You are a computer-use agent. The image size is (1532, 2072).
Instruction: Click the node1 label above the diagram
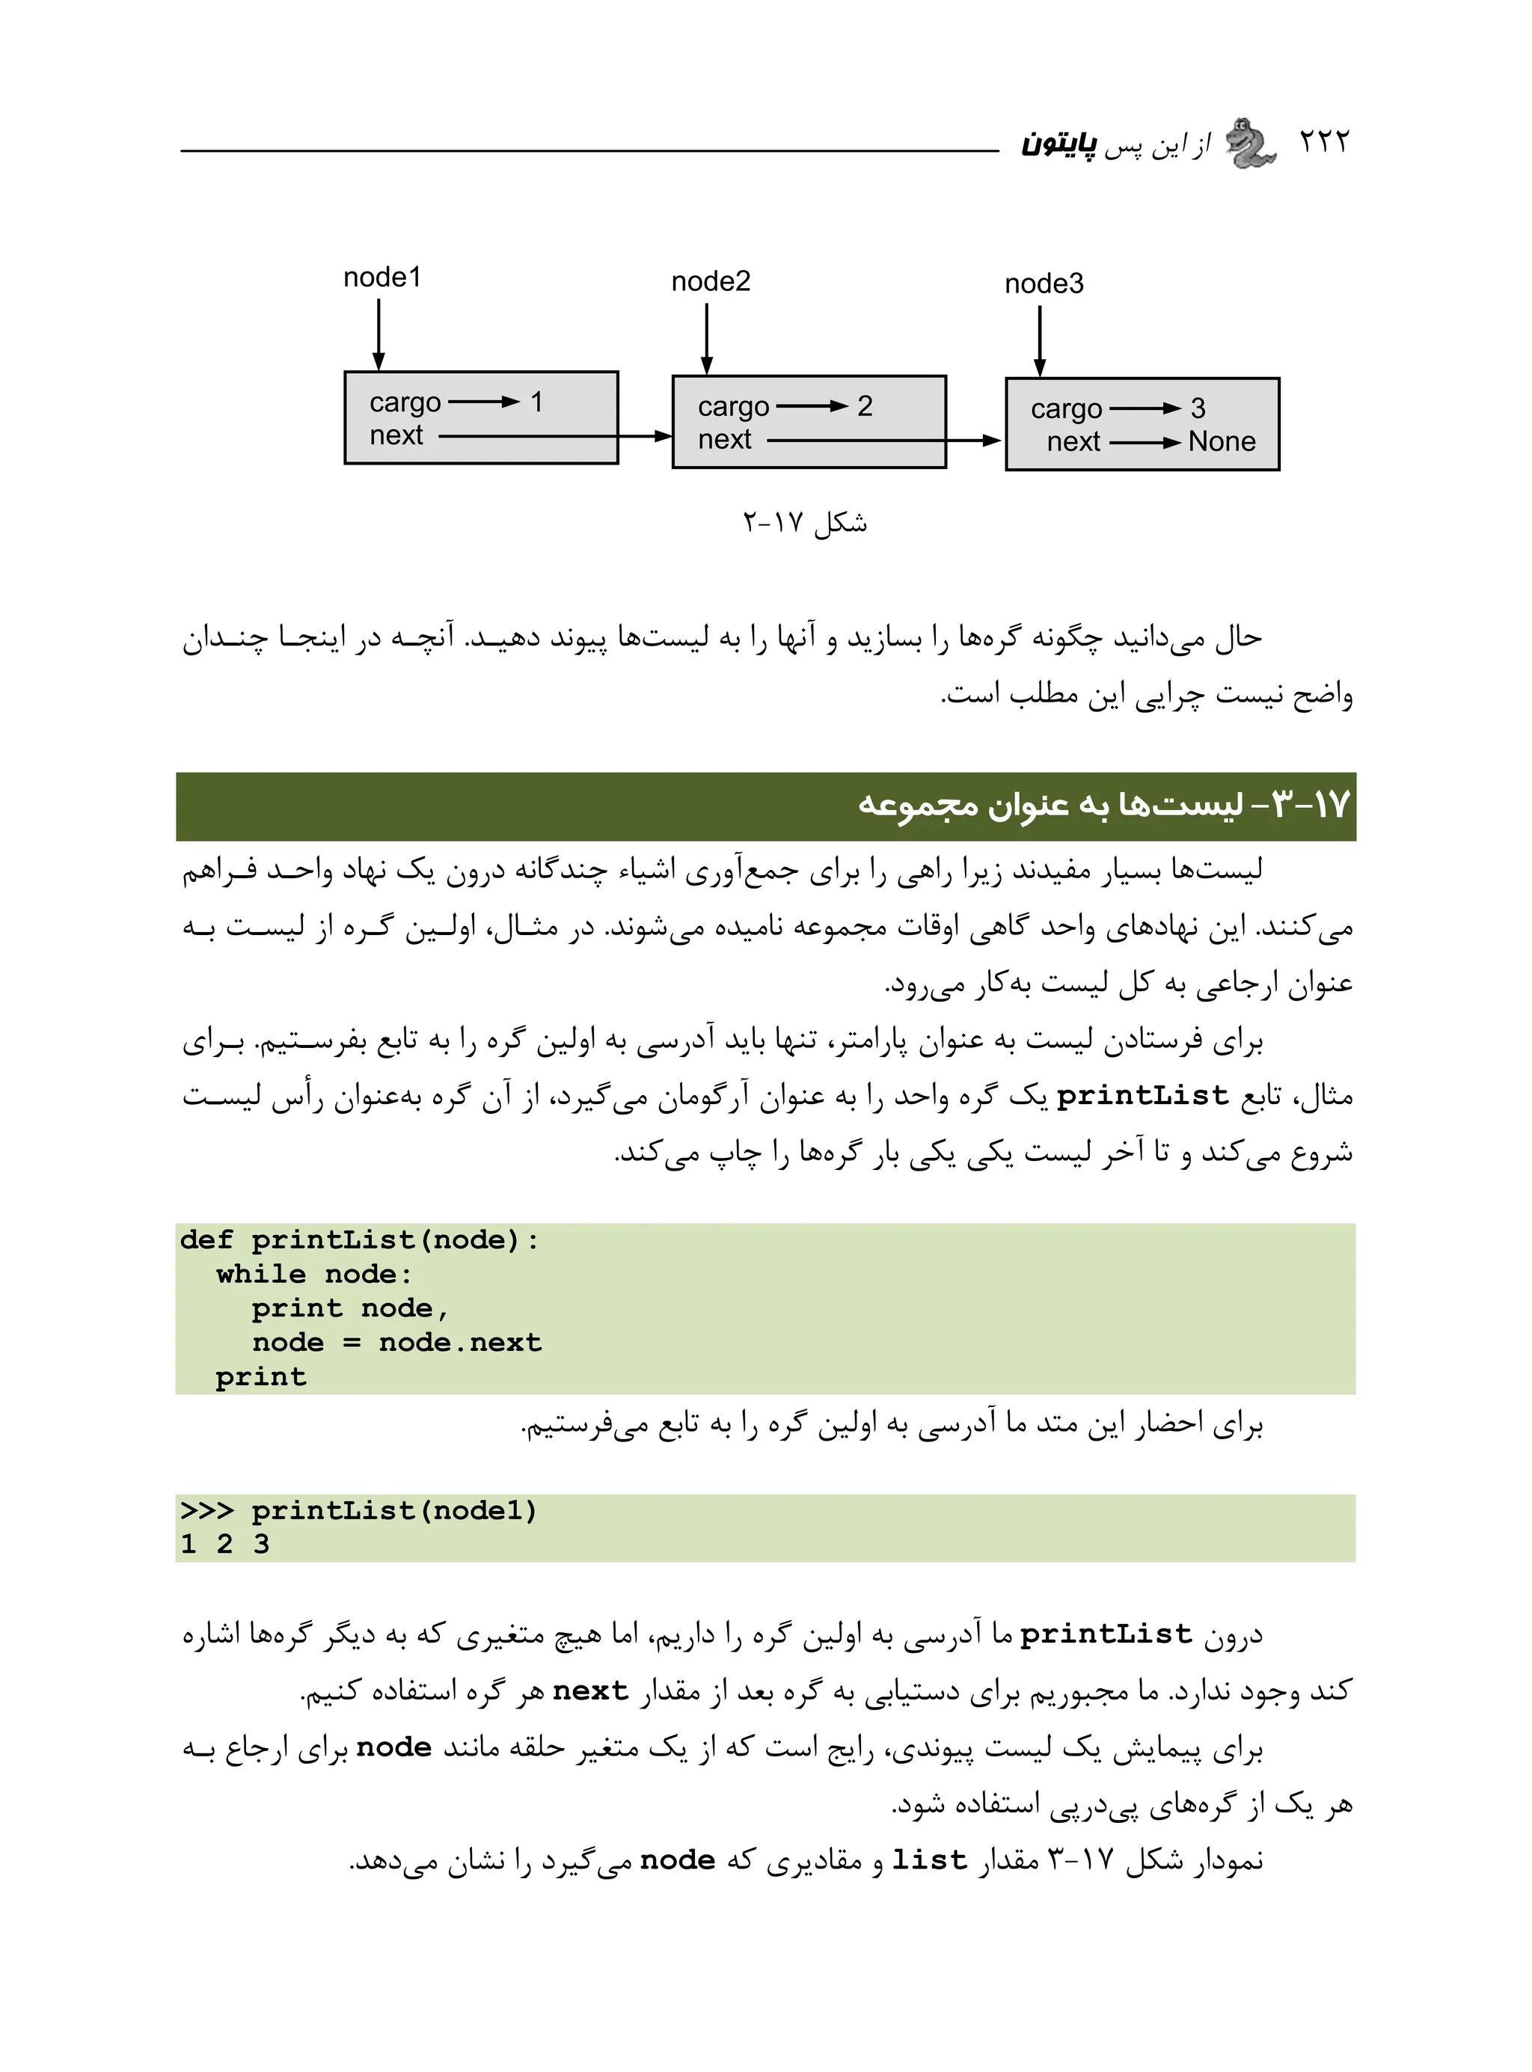click(x=382, y=278)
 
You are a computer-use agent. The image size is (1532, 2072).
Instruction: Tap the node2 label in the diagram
click(x=711, y=281)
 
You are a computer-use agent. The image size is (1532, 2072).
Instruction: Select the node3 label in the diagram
click(x=1044, y=283)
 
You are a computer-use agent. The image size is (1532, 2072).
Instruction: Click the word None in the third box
click(x=1222, y=442)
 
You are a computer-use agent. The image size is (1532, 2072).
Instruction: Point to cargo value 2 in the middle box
click(x=864, y=406)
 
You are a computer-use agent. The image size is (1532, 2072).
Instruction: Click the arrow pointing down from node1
click(x=379, y=334)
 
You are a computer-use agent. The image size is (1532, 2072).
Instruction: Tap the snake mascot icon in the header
click(x=1251, y=144)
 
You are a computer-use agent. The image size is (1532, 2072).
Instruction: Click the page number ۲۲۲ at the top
click(x=1323, y=142)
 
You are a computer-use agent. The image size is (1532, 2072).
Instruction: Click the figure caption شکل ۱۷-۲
click(x=804, y=523)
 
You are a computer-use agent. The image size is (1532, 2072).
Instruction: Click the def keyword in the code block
click(x=206, y=1240)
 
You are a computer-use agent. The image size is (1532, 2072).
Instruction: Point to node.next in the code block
click(x=460, y=1343)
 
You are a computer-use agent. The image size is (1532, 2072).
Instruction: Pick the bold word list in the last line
click(x=929, y=1860)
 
